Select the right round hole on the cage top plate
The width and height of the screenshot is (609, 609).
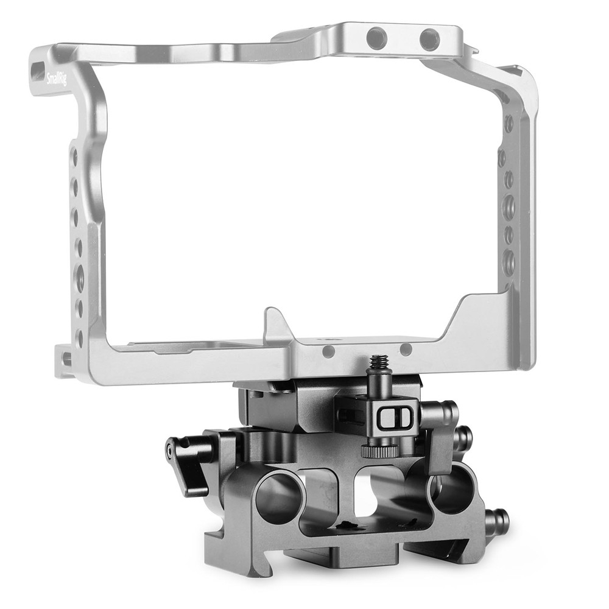click(x=429, y=38)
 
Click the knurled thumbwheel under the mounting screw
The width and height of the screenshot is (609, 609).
click(x=380, y=451)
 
